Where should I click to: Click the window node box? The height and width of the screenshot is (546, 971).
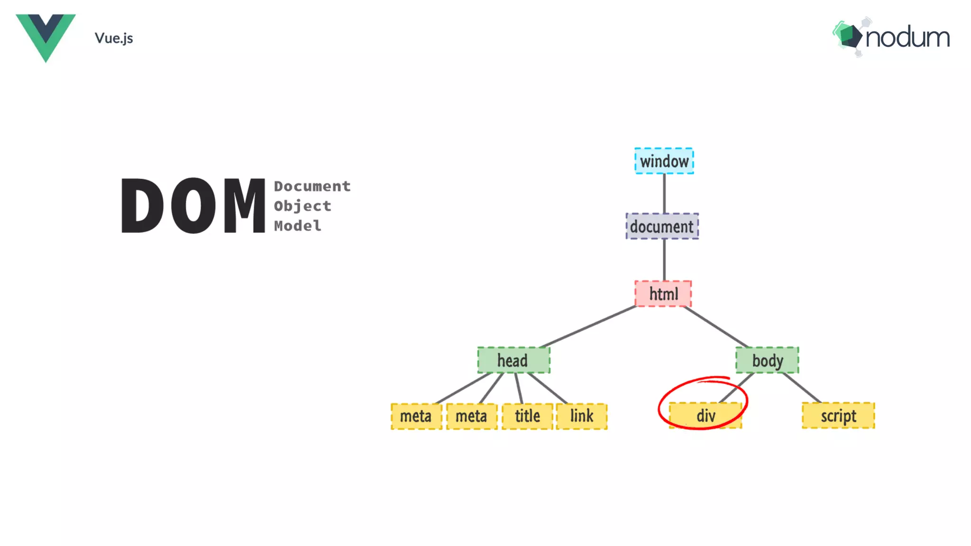pyautogui.click(x=664, y=161)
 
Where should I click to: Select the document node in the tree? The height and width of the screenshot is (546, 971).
pyautogui.click(x=662, y=227)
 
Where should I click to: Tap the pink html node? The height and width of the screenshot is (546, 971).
pyautogui.click(x=663, y=294)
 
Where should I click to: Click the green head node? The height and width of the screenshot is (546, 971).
pyautogui.click(x=513, y=360)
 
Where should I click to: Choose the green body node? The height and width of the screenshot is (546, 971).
pyautogui.click(x=767, y=360)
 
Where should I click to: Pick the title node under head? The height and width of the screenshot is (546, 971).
pyautogui.click(x=527, y=416)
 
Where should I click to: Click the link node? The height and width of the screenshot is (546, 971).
pyautogui.click(x=581, y=416)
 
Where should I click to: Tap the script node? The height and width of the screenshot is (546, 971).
pyautogui.click(x=838, y=416)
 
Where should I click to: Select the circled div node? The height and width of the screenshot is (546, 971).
pyautogui.click(x=705, y=416)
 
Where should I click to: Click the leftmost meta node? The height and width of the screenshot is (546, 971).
pyautogui.click(x=416, y=416)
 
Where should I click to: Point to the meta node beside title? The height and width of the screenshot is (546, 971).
pyautogui.click(x=471, y=416)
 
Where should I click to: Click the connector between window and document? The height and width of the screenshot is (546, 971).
pyautogui.click(x=664, y=193)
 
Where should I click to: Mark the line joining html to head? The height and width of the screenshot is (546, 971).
pyautogui.click(x=588, y=327)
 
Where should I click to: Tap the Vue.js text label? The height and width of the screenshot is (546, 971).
pyautogui.click(x=114, y=38)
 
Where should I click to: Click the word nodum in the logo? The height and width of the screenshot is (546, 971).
pyautogui.click(x=907, y=38)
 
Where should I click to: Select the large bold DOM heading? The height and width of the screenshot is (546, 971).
pyautogui.click(x=193, y=206)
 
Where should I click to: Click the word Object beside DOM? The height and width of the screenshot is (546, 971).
pyautogui.click(x=302, y=206)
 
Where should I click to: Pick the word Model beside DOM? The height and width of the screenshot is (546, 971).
pyautogui.click(x=297, y=226)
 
